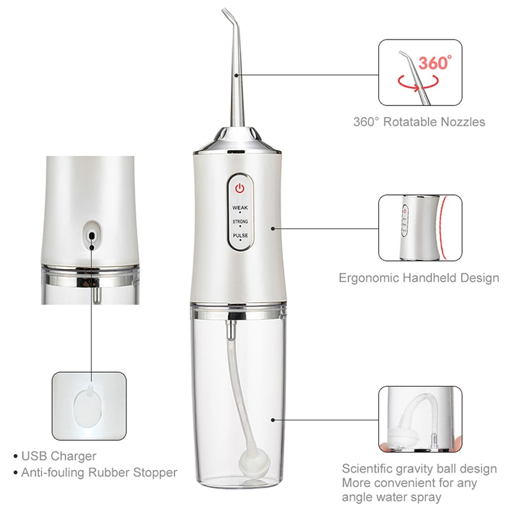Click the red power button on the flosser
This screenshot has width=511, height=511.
[240, 188]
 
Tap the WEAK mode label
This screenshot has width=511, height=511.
[240, 208]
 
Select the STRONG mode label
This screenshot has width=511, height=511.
[240, 222]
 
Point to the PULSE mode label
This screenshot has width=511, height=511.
[240, 236]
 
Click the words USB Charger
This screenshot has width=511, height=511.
[59, 456]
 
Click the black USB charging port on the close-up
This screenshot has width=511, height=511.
[92, 236]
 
